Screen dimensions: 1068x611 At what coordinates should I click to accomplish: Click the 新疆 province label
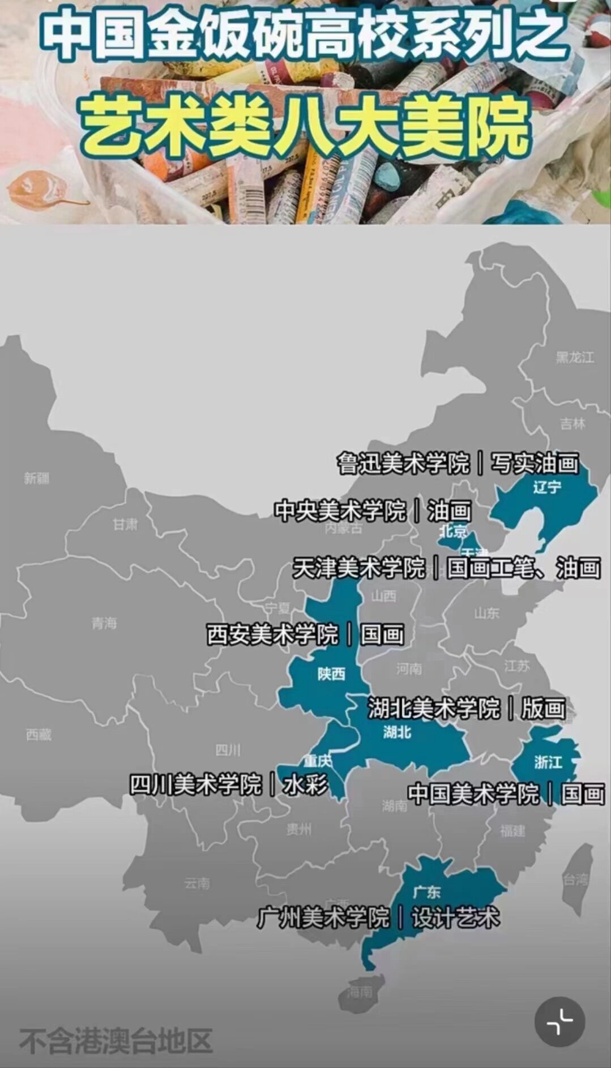pyautogui.click(x=37, y=478)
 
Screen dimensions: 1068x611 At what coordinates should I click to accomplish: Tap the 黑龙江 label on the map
pyautogui.click(x=575, y=357)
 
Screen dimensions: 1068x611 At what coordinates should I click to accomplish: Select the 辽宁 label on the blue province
pyautogui.click(x=547, y=487)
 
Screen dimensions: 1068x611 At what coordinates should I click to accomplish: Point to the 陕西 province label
pyautogui.click(x=331, y=674)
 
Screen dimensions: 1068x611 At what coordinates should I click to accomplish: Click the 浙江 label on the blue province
pyautogui.click(x=548, y=762)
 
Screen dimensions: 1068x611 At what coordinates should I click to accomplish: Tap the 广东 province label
pyautogui.click(x=426, y=893)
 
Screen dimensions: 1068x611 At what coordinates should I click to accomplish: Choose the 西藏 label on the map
pyautogui.click(x=39, y=735)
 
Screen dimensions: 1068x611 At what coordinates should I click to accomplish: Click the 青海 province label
pyautogui.click(x=104, y=623)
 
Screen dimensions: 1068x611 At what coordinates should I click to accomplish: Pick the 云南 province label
pyautogui.click(x=197, y=883)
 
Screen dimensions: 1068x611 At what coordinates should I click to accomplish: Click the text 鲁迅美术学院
pyautogui.click(x=403, y=464)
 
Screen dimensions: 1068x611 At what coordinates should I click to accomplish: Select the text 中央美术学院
pyautogui.click(x=340, y=511)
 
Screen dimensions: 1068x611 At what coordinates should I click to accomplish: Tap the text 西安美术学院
pyautogui.click(x=272, y=634)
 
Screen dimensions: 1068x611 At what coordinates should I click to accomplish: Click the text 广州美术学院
pyautogui.click(x=323, y=917)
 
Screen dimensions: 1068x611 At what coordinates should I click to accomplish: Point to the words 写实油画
pyautogui.click(x=535, y=464)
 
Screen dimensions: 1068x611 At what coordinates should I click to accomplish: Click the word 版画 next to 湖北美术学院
pyautogui.click(x=543, y=709)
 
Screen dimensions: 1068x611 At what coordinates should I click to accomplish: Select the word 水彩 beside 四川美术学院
pyautogui.click(x=305, y=784)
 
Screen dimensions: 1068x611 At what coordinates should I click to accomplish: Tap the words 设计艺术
pyautogui.click(x=455, y=917)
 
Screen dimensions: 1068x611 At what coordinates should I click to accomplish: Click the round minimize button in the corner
pyautogui.click(x=559, y=1022)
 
